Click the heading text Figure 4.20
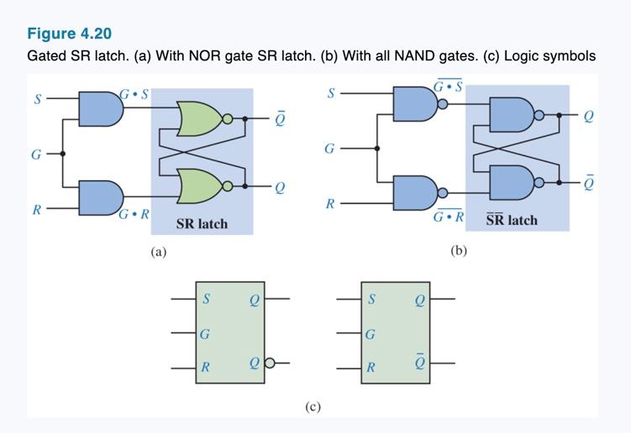pyautogui.click(x=69, y=34)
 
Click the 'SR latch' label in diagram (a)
pyautogui.click(x=202, y=224)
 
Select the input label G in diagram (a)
pyautogui.click(x=35, y=154)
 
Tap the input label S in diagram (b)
pyautogui.click(x=331, y=93)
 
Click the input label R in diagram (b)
pyautogui.click(x=331, y=204)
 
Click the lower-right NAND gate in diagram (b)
pyautogui.click(x=513, y=181)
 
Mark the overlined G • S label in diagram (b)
pyautogui.click(x=449, y=86)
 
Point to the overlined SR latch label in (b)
pyautogui.click(x=512, y=220)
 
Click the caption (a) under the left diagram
pyautogui.click(x=158, y=251)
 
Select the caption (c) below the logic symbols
pyautogui.click(x=313, y=407)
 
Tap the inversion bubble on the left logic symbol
pyautogui.click(x=270, y=364)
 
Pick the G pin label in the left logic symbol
pyautogui.click(x=206, y=333)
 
